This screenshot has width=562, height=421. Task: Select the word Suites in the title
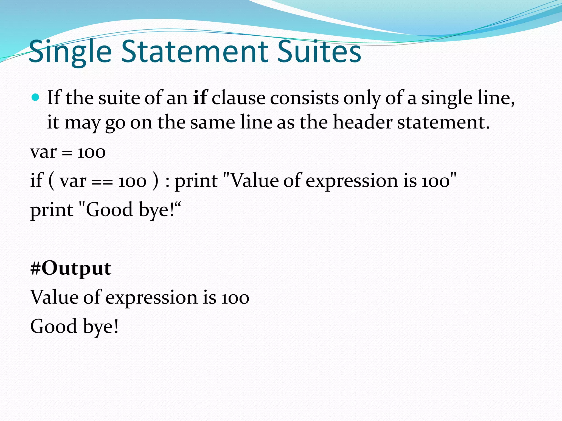(x=319, y=51)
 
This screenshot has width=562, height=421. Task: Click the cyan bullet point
(x=35, y=97)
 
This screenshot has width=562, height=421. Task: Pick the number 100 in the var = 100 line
(x=91, y=152)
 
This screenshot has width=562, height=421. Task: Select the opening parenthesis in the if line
(x=51, y=181)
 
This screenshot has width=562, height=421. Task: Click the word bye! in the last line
(x=101, y=327)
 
